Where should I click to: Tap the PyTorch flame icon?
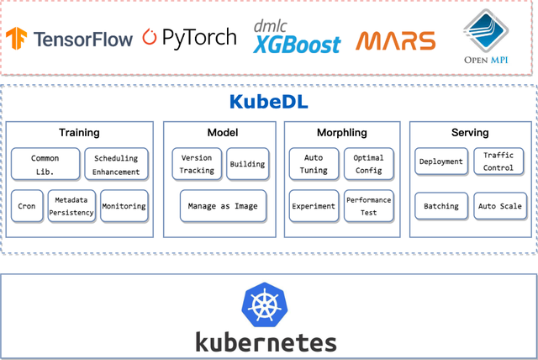tap(150, 37)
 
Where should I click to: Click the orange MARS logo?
tap(394, 40)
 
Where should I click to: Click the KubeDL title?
tap(268, 102)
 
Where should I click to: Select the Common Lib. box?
tap(45, 163)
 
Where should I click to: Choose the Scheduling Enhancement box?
tap(116, 163)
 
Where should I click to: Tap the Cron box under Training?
tap(26, 206)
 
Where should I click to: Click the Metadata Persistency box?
tap(71, 206)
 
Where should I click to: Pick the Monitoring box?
tap(124, 206)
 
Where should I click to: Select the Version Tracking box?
tap(197, 163)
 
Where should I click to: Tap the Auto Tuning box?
tap(313, 163)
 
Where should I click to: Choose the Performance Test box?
tap(368, 206)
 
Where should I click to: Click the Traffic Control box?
tap(498, 161)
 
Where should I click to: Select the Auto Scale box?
tap(499, 206)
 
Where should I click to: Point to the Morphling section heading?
tap(340, 133)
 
